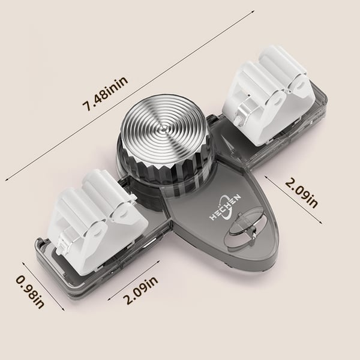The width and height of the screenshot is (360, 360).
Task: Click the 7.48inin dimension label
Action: click(105, 94)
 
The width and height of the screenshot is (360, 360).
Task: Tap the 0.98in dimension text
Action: click(30, 292)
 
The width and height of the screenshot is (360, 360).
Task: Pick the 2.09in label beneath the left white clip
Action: click(140, 290)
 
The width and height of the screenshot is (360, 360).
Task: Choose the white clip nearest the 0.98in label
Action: click(97, 218)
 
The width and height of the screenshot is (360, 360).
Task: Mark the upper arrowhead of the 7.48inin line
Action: click(253, 11)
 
